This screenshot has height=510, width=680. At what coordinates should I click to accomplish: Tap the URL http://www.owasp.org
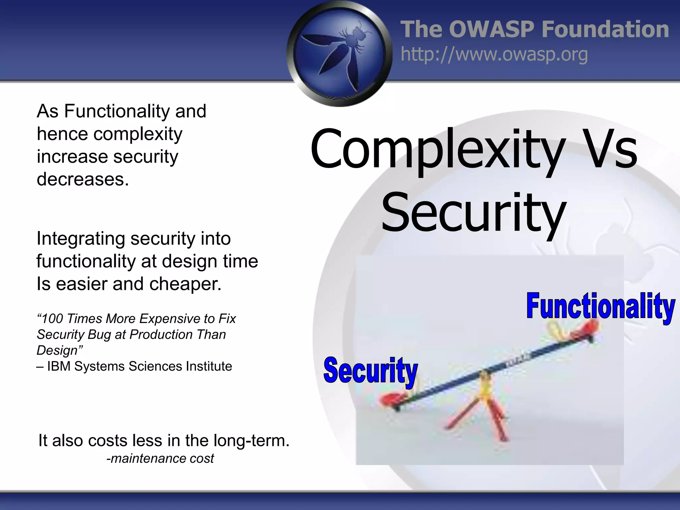[494, 54]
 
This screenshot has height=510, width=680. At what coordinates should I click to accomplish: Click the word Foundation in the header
[605, 29]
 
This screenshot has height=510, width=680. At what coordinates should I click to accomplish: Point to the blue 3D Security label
[370, 371]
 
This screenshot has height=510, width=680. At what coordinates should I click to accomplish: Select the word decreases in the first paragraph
[82, 179]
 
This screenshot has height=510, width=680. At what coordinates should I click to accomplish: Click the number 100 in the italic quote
[52, 319]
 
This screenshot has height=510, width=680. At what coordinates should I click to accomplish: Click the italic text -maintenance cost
[160, 459]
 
